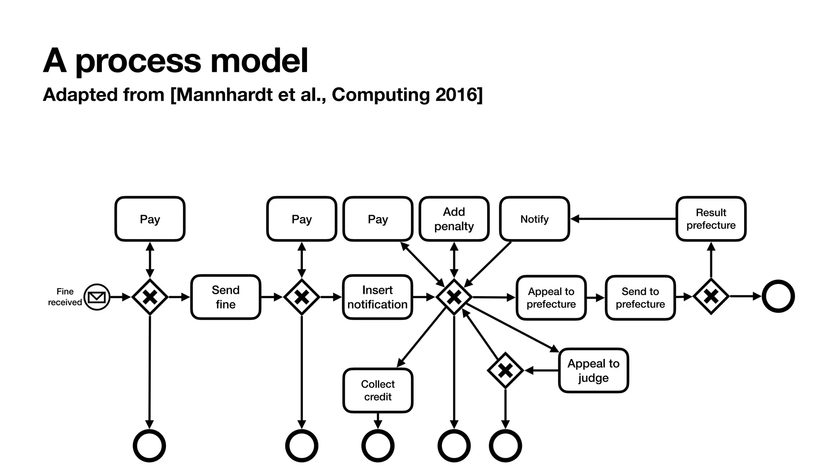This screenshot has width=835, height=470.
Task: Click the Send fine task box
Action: (225, 297)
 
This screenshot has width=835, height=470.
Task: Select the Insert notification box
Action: (378, 297)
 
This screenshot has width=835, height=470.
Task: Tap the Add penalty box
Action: (454, 219)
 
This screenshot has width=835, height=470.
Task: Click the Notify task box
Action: (534, 219)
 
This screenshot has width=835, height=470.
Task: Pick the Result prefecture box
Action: (711, 219)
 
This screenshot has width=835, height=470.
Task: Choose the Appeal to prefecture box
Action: (551, 298)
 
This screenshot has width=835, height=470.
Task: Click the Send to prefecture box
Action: (640, 298)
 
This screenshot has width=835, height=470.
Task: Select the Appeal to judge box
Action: (593, 370)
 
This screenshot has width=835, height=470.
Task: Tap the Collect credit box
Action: (378, 390)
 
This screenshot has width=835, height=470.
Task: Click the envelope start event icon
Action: (97, 297)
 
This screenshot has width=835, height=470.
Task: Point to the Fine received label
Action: (65, 297)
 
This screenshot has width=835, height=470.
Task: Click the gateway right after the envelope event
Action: (150, 297)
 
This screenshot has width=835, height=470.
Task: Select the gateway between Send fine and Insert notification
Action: (302, 297)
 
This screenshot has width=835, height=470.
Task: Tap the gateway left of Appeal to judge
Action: (505, 370)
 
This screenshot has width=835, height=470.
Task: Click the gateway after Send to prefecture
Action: (711, 297)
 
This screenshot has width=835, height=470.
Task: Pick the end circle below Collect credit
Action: (378, 446)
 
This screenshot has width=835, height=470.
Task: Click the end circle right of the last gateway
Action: (778, 296)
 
